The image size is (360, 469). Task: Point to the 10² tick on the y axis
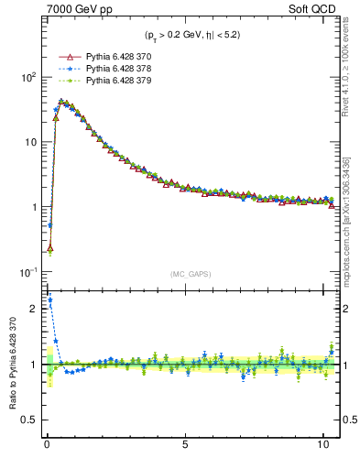coord(27,77)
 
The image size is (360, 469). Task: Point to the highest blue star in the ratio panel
coord(49,300)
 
